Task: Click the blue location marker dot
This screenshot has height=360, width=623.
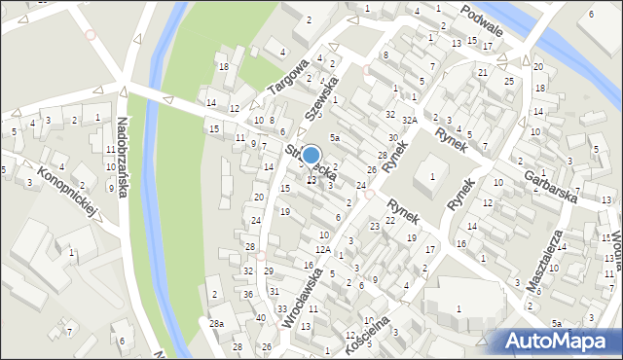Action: coord(311,155)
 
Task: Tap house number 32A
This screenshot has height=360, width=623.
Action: coord(411,120)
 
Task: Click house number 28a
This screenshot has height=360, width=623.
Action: coord(216,323)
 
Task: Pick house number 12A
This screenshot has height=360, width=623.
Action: coord(323,249)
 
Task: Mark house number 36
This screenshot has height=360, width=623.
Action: coord(248,294)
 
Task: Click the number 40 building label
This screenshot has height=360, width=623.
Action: coord(260,318)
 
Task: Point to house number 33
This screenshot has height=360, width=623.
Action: coord(282,308)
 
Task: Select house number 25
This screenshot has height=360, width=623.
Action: coord(509,80)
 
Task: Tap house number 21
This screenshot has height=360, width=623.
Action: coord(483,72)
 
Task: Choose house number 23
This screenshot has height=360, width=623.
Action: coord(375,226)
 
